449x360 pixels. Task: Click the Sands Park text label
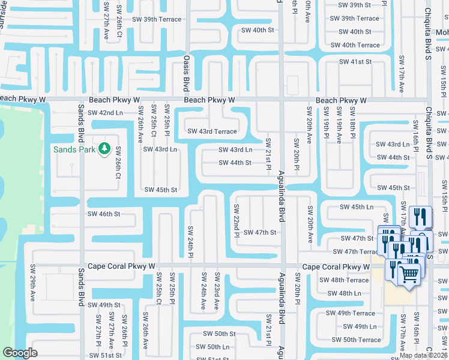[x=74, y=149]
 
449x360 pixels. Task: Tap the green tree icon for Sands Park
[x=104, y=148]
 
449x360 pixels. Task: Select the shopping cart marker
[x=410, y=275]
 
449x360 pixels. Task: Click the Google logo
[x=20, y=353]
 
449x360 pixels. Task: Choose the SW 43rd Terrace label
[x=212, y=131]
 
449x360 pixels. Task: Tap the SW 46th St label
[x=104, y=214]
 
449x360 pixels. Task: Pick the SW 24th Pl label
[x=190, y=242]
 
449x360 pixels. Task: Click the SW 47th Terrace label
[x=354, y=251]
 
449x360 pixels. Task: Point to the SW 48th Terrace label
[x=344, y=280]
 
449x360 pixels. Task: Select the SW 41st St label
[x=355, y=62]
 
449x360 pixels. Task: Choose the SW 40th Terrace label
[x=355, y=45]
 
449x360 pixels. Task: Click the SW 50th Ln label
[x=212, y=347]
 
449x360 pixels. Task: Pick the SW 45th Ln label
[x=357, y=207]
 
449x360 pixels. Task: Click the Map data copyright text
[x=424, y=355]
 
